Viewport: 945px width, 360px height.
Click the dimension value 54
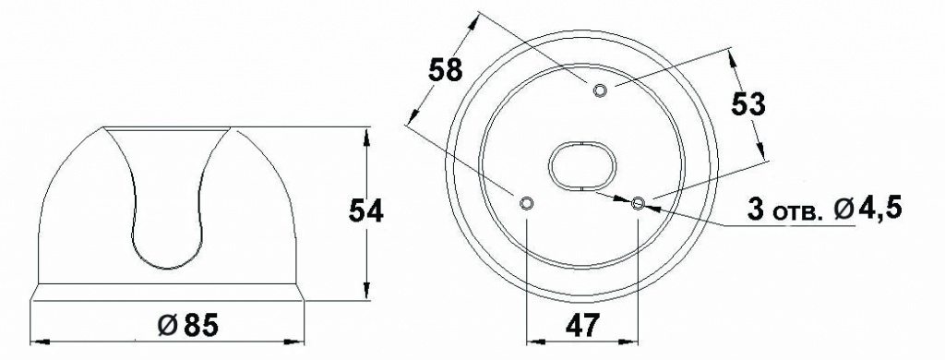tap(365, 211)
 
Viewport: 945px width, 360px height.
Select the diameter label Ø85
tap(187, 326)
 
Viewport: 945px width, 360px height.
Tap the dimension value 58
tap(446, 70)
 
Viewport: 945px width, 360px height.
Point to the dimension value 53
tap(748, 105)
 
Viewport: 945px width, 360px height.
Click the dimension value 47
tap(583, 326)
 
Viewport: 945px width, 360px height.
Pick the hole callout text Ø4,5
tap(868, 210)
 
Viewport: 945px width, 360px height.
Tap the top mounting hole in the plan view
tap(600, 90)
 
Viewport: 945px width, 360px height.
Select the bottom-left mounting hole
tap(526, 203)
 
